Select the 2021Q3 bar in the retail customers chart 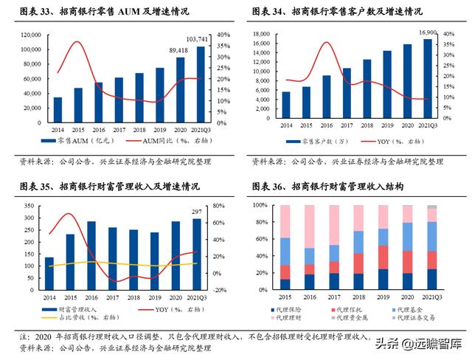(427, 80)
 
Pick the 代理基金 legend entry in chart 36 (408, 308)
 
